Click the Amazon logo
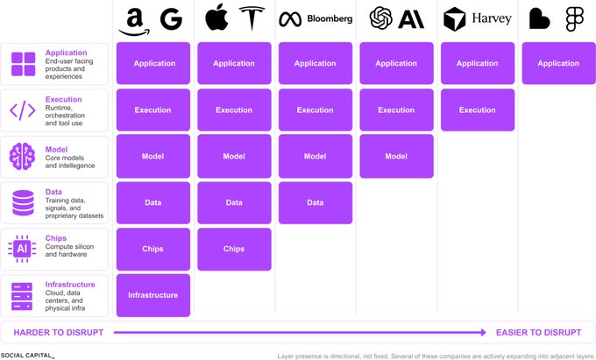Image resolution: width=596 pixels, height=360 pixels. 134,22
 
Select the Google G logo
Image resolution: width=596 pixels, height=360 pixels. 171,18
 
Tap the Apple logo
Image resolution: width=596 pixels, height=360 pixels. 216,18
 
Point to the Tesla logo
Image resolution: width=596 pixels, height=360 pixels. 252,18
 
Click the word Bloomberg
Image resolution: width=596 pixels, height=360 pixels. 330,18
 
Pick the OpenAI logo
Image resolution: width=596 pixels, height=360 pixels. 381,18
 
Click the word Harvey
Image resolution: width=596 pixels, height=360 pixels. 492,18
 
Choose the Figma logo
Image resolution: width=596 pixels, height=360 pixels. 574,18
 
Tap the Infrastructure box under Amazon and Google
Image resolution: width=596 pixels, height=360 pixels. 153,295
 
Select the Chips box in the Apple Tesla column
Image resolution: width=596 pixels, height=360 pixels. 234,249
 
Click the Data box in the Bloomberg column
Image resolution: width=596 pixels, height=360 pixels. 316,203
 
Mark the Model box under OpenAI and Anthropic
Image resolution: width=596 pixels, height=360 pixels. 396,156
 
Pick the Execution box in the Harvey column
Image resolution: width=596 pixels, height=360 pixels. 478,110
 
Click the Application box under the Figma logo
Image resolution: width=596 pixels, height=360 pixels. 558,63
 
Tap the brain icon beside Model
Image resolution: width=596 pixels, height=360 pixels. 22,156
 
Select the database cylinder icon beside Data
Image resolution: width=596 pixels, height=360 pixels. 23,203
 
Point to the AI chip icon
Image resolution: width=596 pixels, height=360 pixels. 22,249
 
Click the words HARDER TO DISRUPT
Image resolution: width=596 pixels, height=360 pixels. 59,333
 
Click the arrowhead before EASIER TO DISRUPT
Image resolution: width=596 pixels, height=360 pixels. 484,333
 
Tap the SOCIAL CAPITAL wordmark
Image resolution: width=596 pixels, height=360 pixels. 27,356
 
